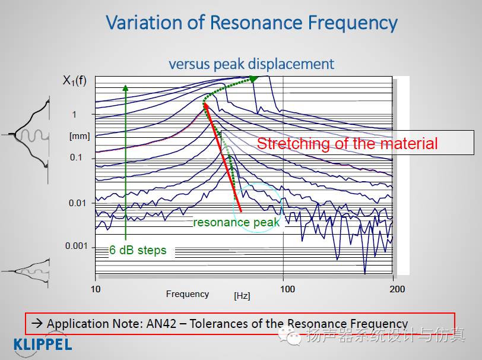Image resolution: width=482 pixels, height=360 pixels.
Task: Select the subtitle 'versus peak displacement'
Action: [251, 64]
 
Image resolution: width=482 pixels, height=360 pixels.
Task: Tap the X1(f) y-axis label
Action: [75, 81]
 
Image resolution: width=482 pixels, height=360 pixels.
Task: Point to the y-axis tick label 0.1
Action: [77, 157]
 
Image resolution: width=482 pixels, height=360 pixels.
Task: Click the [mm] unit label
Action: [80, 136]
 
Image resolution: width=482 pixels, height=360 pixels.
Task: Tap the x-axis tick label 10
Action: [96, 289]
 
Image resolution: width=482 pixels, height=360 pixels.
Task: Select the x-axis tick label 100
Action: [287, 289]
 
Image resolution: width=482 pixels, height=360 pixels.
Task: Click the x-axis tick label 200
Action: [397, 289]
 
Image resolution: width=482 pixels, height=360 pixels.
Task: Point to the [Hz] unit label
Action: [242, 295]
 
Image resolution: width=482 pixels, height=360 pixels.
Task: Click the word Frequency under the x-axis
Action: [188, 293]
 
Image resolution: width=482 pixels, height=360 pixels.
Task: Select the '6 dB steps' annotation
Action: [138, 250]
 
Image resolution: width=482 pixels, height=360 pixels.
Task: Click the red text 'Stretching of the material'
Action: [347, 143]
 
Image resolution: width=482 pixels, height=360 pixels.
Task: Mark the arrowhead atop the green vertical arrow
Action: [126, 87]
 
